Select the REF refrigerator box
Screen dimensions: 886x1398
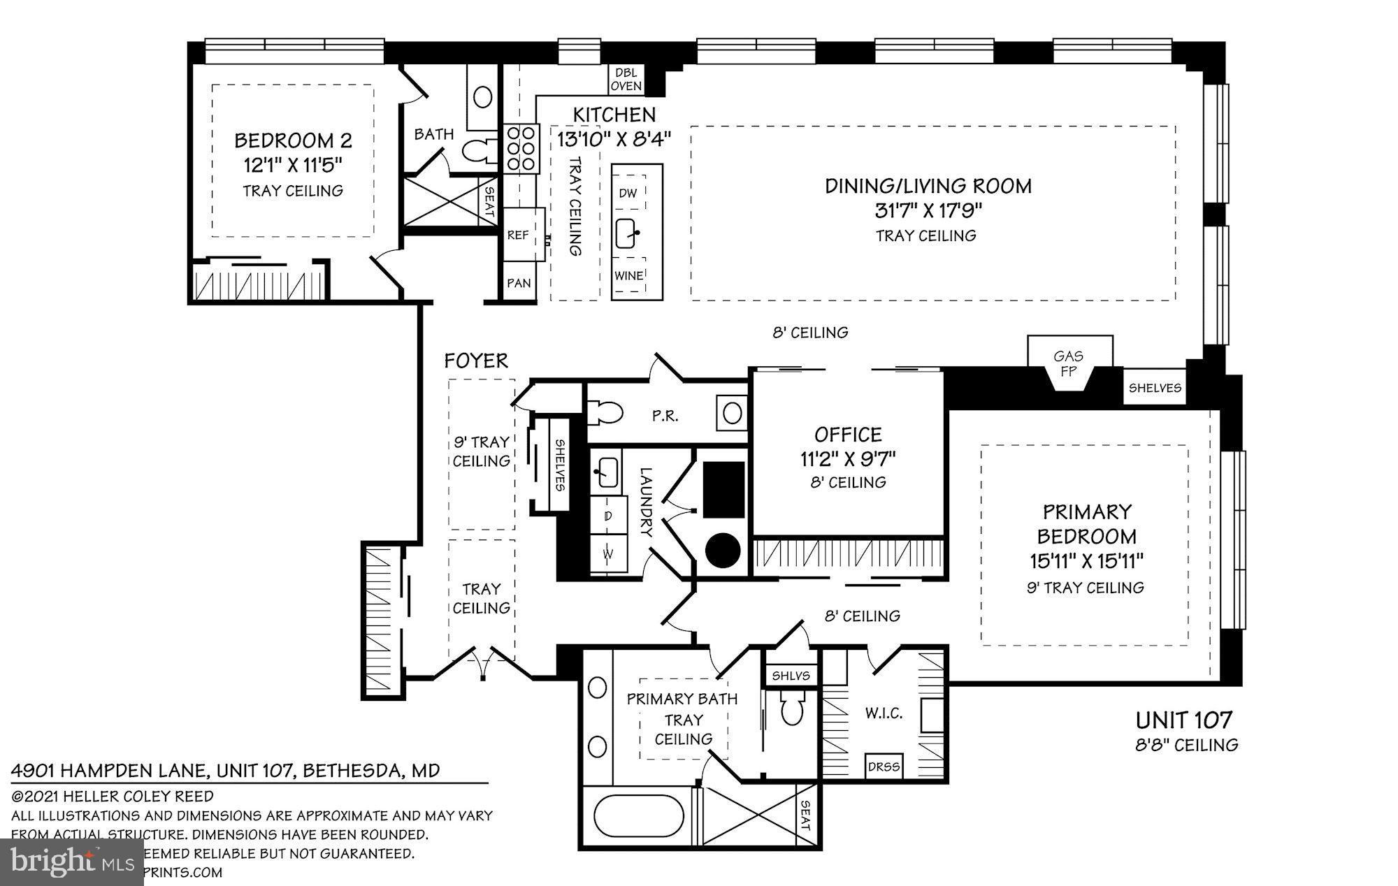click(x=518, y=235)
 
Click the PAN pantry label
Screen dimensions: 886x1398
click(x=519, y=283)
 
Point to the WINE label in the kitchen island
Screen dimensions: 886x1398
click(x=628, y=275)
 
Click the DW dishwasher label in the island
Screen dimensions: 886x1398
click(x=628, y=194)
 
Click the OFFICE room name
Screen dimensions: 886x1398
click(x=848, y=435)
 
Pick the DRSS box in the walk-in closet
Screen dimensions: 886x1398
click(x=884, y=767)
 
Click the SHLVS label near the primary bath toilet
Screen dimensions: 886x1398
click(x=791, y=676)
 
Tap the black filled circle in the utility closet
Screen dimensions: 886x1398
click(x=722, y=551)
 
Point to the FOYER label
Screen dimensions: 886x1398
click(x=476, y=361)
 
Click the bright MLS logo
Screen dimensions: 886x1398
click(x=72, y=862)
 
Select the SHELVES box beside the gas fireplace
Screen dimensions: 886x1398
click(x=1155, y=388)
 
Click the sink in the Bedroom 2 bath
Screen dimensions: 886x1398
click(x=482, y=96)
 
